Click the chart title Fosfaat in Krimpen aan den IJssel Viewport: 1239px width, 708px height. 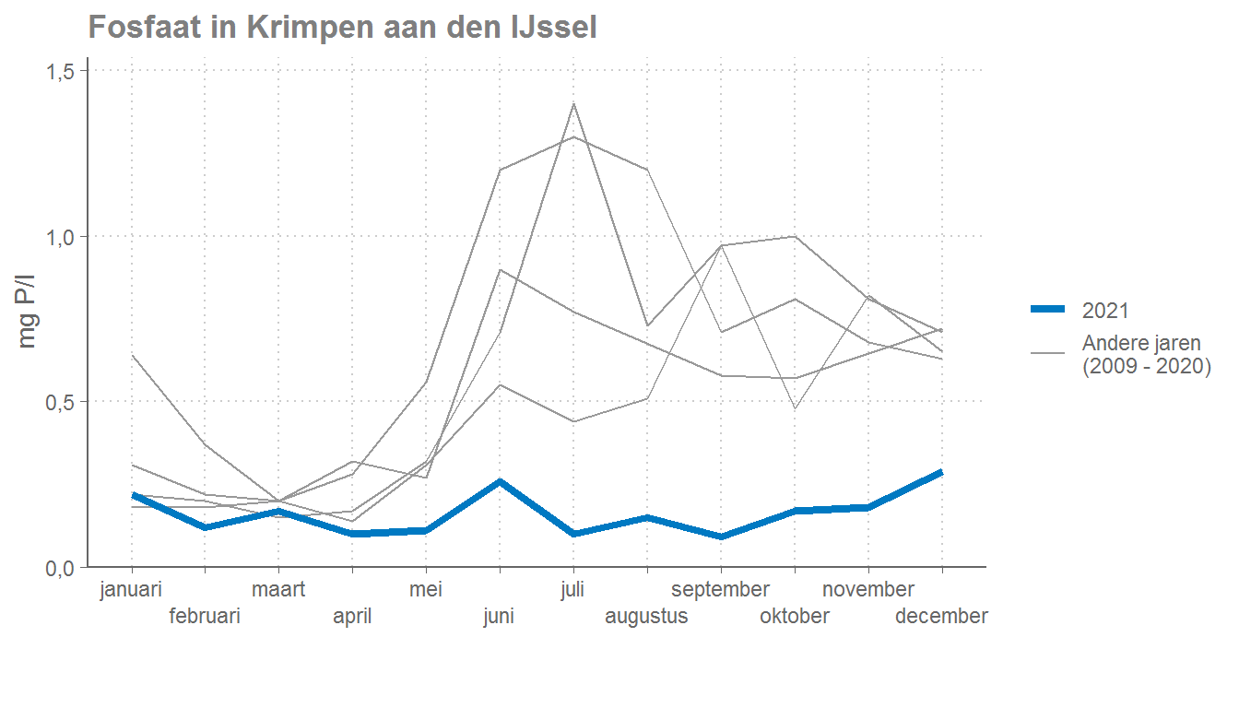[342, 28]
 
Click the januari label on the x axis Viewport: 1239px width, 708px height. [131, 590]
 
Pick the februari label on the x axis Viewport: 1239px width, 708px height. [205, 617]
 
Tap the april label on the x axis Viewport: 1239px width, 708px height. [352, 617]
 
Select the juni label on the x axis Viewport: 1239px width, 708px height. [499, 617]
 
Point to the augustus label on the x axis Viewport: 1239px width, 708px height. [646, 617]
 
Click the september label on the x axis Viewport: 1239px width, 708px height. [720, 590]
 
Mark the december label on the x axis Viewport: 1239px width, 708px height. [941, 617]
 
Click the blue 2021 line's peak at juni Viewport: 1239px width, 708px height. [500, 481]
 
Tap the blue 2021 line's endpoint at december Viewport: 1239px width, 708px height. [941, 472]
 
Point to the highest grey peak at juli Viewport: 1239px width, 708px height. [573, 103]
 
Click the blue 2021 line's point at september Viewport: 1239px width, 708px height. [721, 537]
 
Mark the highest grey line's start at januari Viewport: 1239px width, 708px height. [132, 355]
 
